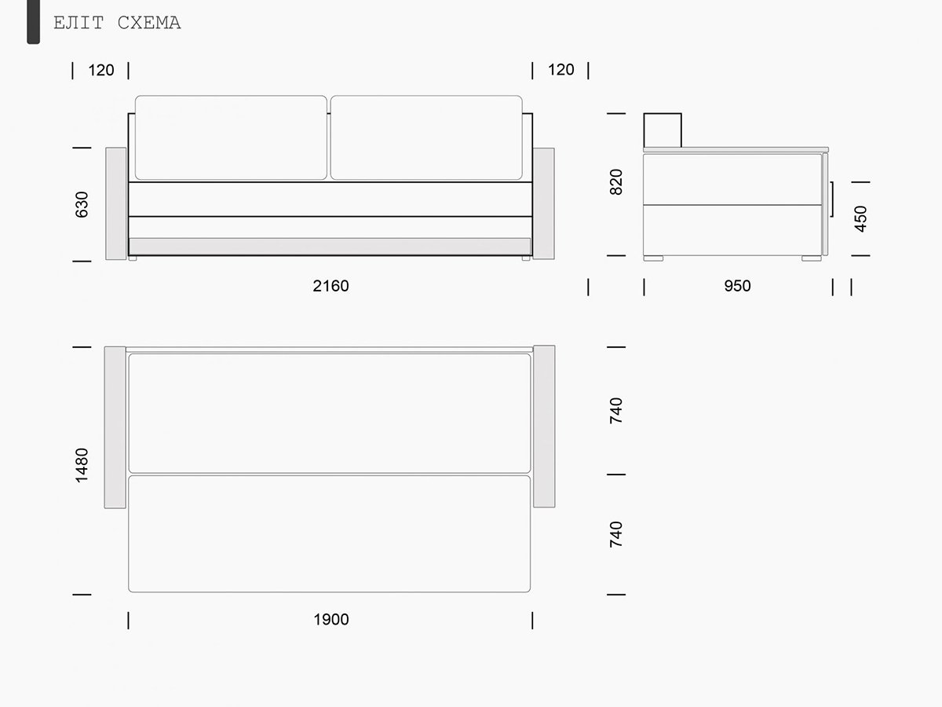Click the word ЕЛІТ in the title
[x=78, y=23]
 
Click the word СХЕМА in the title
[x=149, y=23]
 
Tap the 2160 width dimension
[x=331, y=286]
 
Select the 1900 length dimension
[x=331, y=620]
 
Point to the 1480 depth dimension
[x=82, y=465]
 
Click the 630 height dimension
[x=82, y=204]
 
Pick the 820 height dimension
[x=616, y=182]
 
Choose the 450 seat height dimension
[x=860, y=219]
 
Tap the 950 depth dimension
[x=737, y=286]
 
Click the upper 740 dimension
[x=616, y=410]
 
